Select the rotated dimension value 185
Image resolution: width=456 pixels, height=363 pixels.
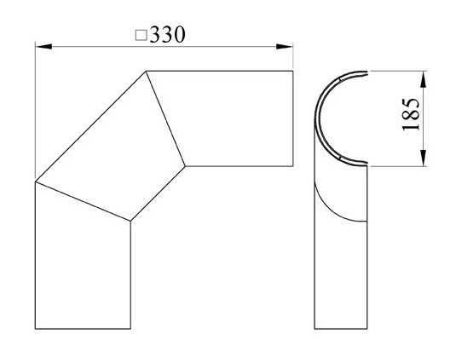click(x=411, y=114)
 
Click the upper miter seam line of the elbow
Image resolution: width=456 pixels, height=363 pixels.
click(x=165, y=118)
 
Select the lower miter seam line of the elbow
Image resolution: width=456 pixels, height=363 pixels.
click(x=82, y=201)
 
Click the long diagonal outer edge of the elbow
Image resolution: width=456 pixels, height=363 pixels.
click(x=90, y=126)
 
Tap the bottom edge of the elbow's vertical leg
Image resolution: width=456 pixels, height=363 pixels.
click(x=83, y=328)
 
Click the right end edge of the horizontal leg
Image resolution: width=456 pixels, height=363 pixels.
click(x=294, y=118)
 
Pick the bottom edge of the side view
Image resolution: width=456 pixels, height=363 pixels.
click(x=341, y=328)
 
